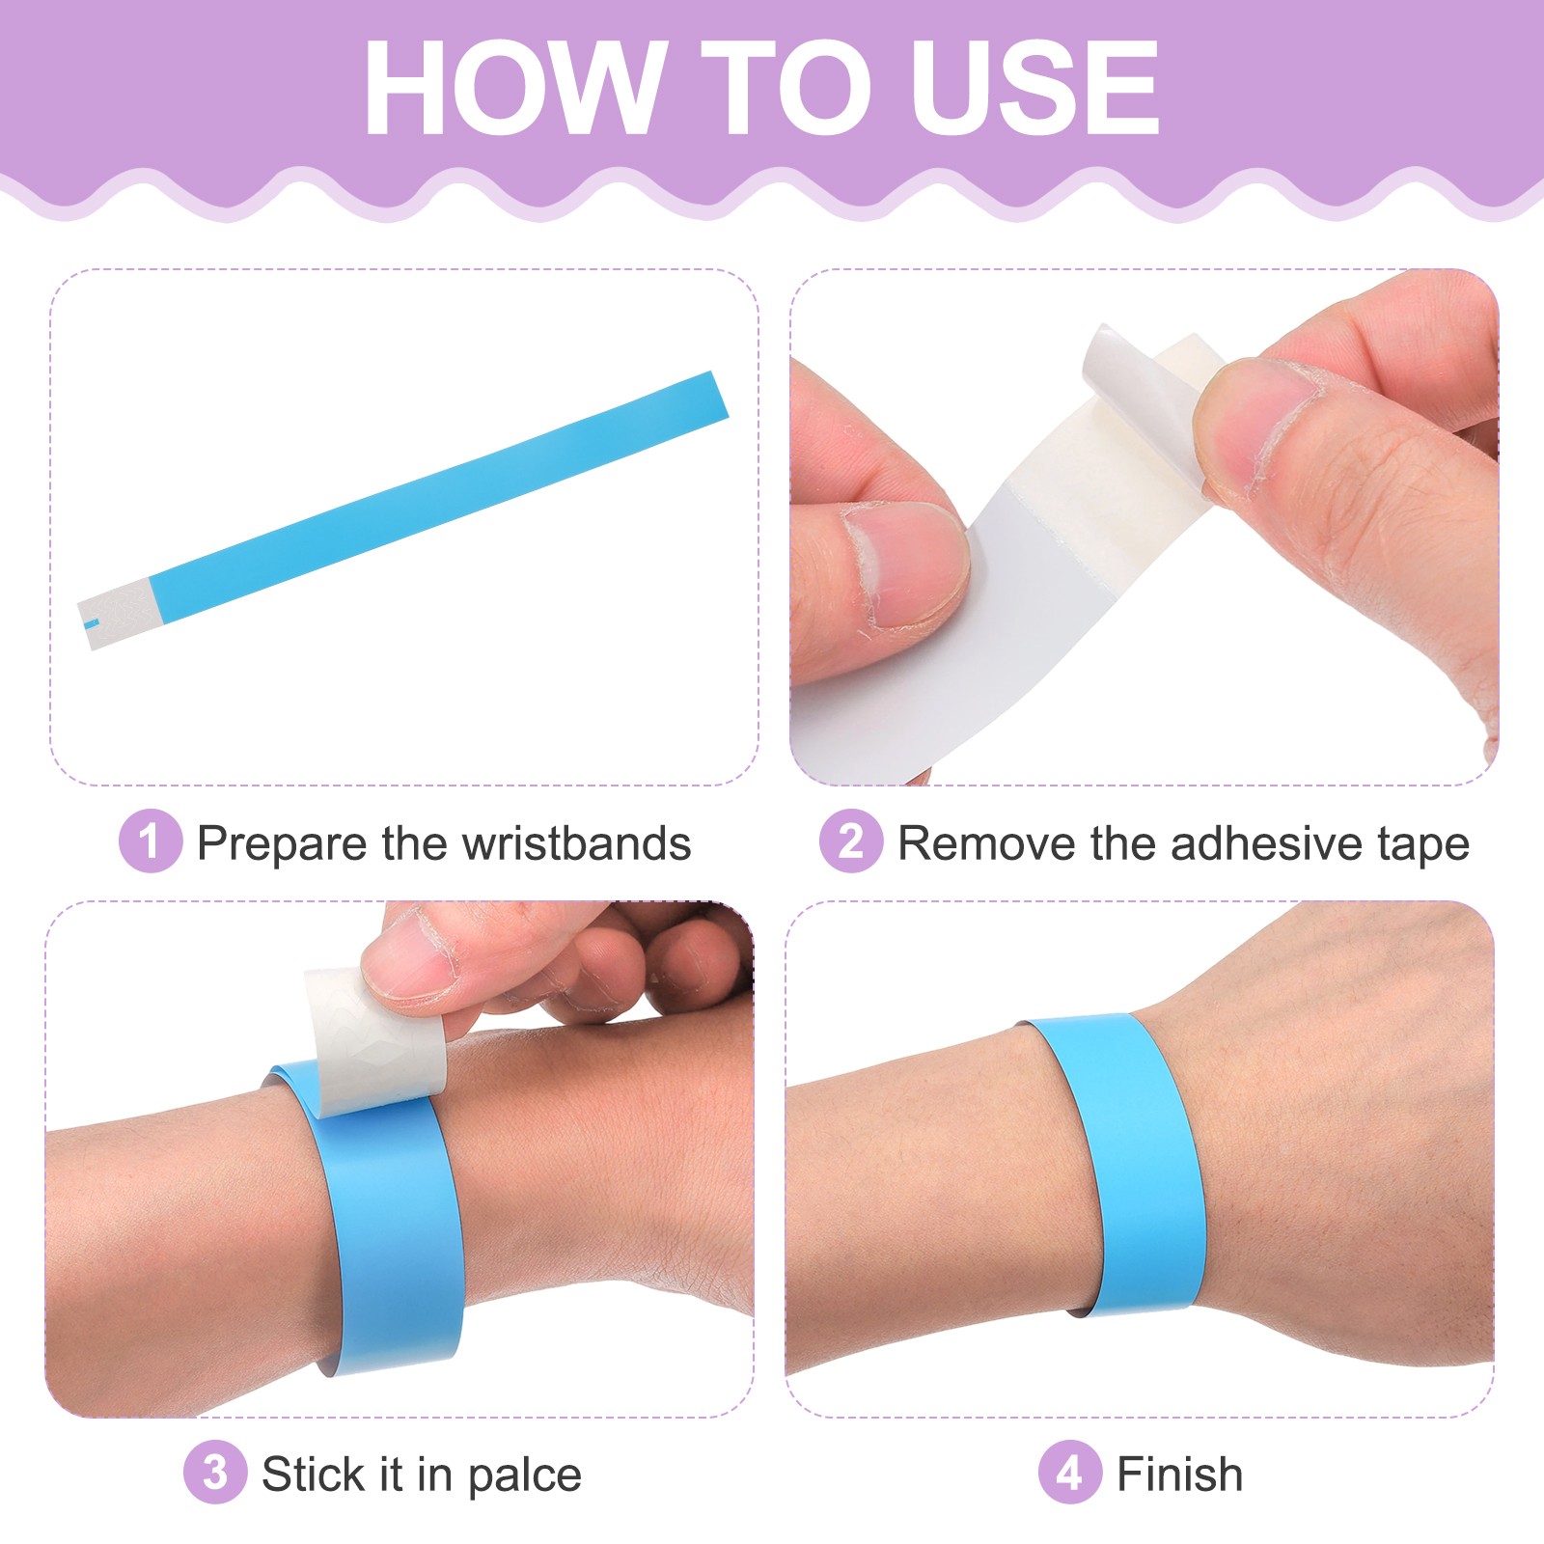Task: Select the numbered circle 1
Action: pos(150,841)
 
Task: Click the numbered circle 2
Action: pos(850,841)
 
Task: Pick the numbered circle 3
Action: pos(215,1473)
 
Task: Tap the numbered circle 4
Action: pos(1069,1473)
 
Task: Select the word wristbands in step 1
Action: pos(576,843)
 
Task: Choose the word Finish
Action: pos(1179,1474)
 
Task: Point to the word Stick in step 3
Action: pos(313,1474)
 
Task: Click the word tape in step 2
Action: pos(1422,843)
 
